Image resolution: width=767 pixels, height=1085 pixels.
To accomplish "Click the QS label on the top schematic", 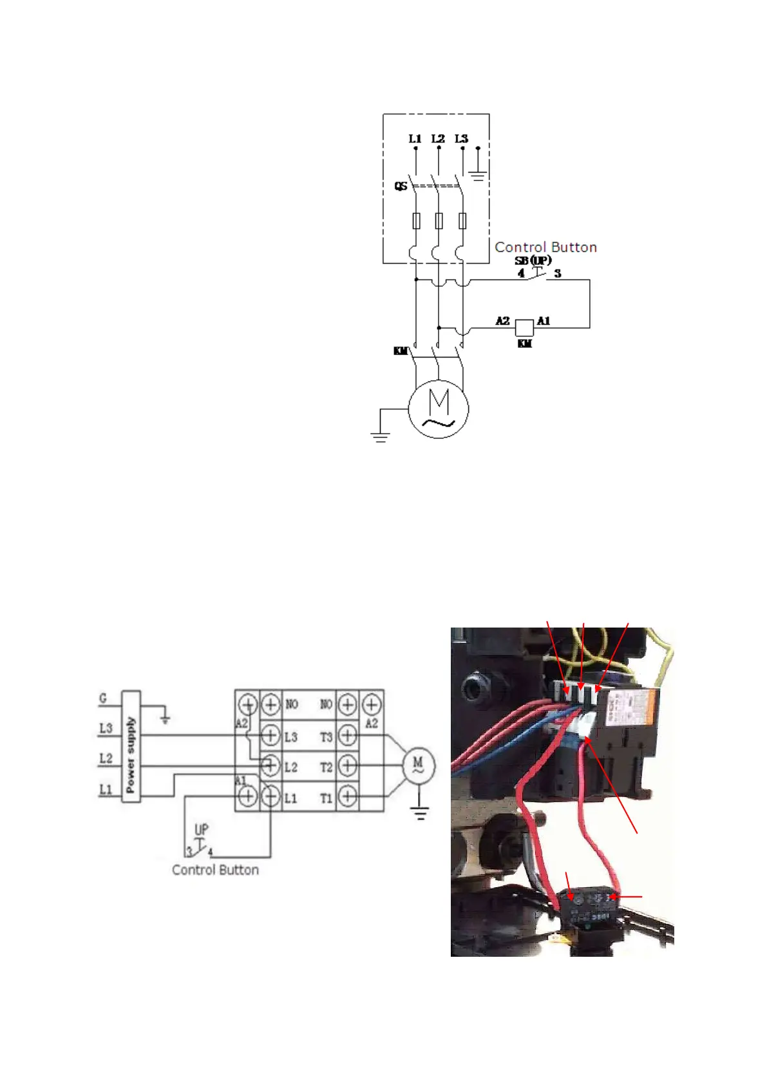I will click(x=401, y=186).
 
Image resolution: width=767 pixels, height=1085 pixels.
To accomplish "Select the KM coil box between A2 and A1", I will click(x=524, y=327).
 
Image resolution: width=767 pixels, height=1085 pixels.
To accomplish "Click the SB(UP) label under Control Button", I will click(x=533, y=260).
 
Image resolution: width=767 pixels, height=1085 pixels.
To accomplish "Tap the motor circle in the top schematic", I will click(x=439, y=408).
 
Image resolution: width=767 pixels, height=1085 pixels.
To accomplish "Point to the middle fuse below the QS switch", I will click(x=439, y=221).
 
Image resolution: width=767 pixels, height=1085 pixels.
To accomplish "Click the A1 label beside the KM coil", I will click(x=544, y=321).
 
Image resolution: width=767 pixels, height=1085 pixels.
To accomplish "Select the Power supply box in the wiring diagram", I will click(x=131, y=746).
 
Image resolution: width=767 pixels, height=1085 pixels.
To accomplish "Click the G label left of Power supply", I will click(x=103, y=698).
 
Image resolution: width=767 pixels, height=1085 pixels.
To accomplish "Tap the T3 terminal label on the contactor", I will click(x=327, y=736).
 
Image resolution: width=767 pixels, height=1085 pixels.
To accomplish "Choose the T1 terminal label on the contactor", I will click(x=327, y=798).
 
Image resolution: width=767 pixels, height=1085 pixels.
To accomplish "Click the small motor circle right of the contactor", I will click(x=418, y=765).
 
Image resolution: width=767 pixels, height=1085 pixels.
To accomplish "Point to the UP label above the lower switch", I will click(x=201, y=829).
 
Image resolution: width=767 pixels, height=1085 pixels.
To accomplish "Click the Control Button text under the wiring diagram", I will click(x=215, y=870).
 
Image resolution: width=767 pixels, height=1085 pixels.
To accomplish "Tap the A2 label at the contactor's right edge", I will click(x=372, y=724).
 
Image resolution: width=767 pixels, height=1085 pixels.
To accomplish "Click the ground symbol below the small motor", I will click(x=420, y=814).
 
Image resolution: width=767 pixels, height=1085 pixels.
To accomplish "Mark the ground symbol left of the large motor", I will click(x=381, y=437).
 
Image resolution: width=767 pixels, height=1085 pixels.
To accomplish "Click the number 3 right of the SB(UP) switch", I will click(x=558, y=274).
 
